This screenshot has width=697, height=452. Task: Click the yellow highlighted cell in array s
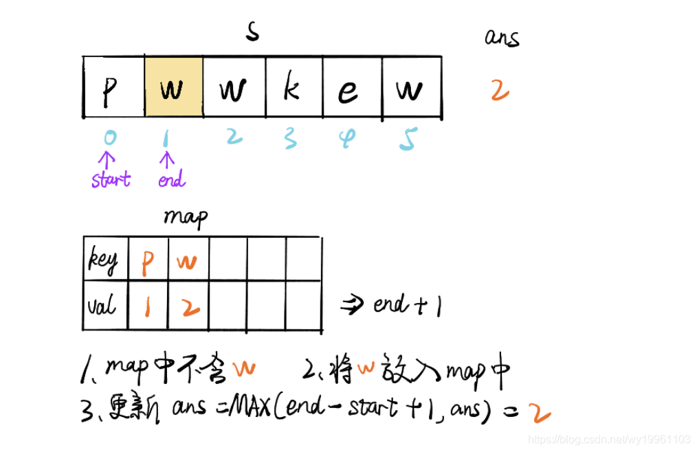[173, 87]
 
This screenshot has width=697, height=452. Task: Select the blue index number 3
[290, 138]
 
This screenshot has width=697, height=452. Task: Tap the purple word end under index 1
[170, 180]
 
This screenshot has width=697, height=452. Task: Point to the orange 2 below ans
[500, 90]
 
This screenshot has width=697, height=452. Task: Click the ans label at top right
[502, 37]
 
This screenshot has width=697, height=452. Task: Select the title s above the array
[252, 31]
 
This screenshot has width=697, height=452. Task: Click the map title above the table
[186, 218]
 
